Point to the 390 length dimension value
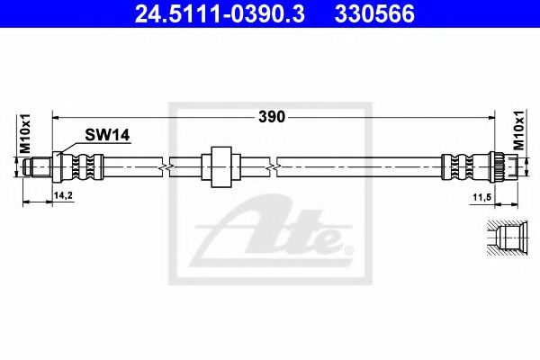tap(272, 116)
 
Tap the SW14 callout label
tap(108, 135)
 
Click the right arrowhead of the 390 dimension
tap(492, 116)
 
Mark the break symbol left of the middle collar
tap(165, 166)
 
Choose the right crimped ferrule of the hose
tap(454, 166)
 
